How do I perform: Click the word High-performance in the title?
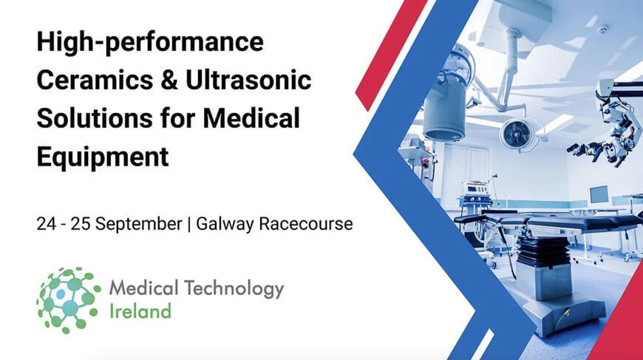pos(149,42)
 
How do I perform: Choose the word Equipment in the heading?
pos(103,157)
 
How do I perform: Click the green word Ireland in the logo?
pos(140,310)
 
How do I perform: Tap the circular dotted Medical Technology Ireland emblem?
pos(69,299)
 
